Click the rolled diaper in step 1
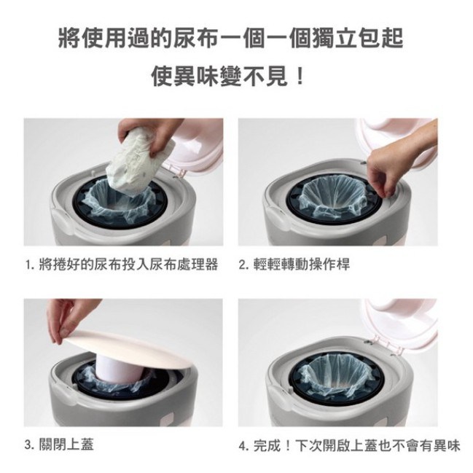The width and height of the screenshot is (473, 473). (139, 162)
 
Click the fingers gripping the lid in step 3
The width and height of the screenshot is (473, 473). (71, 320)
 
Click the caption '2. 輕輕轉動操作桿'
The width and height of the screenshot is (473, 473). (294, 265)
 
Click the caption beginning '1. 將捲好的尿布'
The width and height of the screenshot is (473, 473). (122, 265)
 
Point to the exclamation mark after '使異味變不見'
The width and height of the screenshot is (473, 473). (300, 76)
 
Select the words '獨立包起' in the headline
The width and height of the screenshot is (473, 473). (357, 38)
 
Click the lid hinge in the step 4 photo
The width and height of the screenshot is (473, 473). (383, 344)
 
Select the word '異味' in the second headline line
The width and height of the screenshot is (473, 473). (186, 76)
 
